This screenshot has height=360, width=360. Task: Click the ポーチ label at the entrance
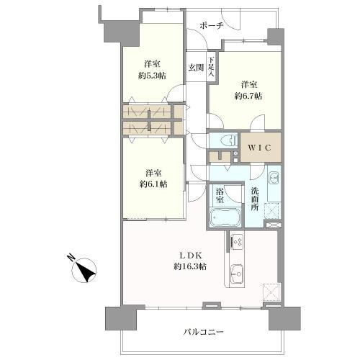tap(214, 24)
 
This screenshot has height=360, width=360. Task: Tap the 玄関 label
tap(197, 68)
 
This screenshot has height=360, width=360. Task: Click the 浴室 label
tap(219, 194)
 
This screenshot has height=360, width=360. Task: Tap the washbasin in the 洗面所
tap(273, 179)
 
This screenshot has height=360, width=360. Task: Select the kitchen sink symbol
tap(236, 272)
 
